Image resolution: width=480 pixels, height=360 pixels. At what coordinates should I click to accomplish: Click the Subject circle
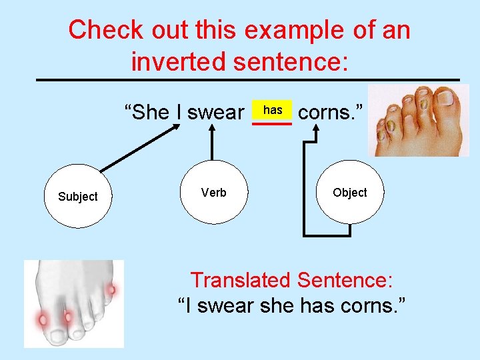(77, 196)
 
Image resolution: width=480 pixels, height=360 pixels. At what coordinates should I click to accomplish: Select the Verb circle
(213, 193)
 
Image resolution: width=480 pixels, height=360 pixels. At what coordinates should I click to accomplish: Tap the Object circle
(349, 192)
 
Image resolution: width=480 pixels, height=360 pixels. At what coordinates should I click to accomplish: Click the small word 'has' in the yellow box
(272, 110)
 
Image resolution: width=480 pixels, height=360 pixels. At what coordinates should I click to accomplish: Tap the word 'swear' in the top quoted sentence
(215, 112)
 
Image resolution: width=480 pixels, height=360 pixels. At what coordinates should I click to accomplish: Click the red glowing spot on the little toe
(111, 290)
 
